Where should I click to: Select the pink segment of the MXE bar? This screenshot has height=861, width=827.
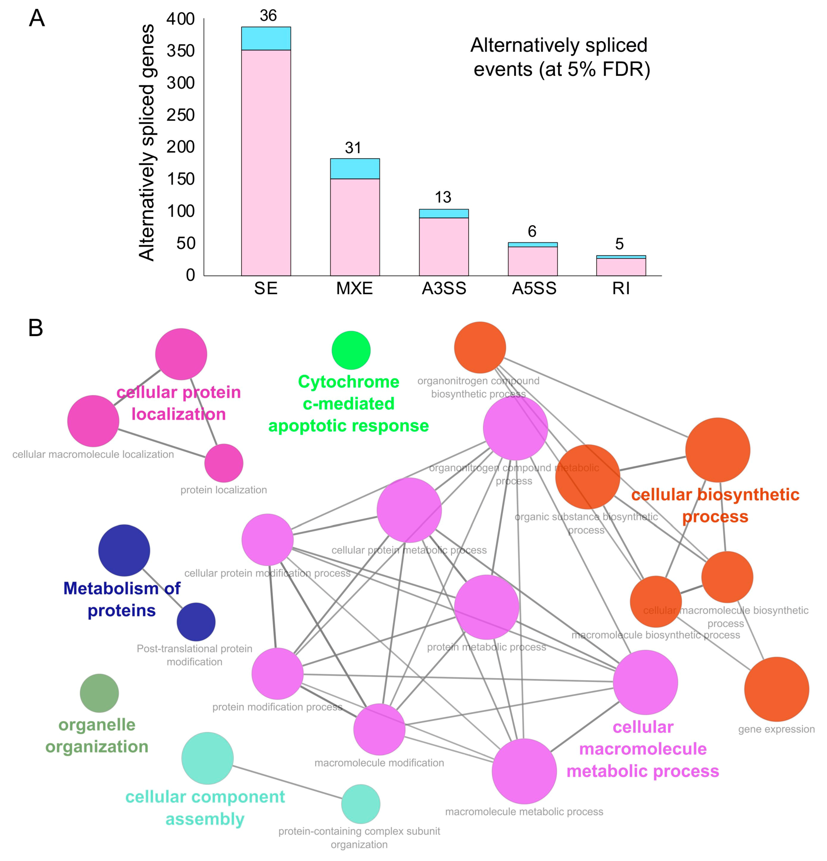click(355, 227)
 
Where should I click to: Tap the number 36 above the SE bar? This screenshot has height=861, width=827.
click(268, 16)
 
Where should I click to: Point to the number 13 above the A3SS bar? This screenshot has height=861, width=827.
click(443, 197)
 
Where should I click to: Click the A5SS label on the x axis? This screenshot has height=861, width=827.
click(534, 289)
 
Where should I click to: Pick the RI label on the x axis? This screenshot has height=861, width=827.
click(621, 289)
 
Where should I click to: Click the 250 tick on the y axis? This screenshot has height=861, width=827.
click(180, 115)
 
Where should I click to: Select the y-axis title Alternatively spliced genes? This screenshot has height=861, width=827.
click(147, 143)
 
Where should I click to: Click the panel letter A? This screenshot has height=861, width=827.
click(37, 19)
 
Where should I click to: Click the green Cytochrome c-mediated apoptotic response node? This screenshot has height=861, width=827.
click(351, 350)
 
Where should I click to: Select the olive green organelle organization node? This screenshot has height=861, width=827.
click(99, 693)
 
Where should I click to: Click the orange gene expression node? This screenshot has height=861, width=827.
click(776, 689)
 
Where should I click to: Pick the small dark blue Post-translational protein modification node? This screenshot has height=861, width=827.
click(196, 622)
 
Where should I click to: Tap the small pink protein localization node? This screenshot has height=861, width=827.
click(224, 463)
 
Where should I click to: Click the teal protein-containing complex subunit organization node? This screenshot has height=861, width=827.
click(360, 803)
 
